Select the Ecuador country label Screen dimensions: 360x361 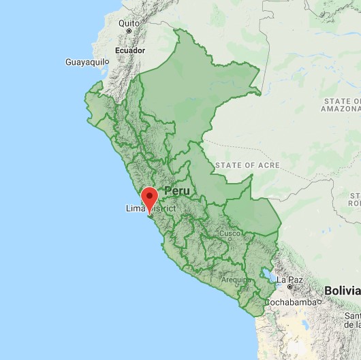coord(129,50)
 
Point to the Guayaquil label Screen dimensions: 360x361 coord(85,62)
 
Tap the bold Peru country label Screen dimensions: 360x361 coord(176,192)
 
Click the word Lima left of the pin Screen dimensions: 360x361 coord(135,208)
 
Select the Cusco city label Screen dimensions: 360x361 coord(229,233)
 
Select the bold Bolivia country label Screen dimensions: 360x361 coord(341,290)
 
